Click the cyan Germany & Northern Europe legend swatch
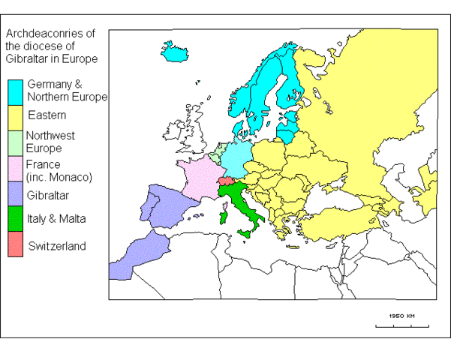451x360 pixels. pyautogui.click(x=15, y=91)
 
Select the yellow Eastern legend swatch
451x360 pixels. pyautogui.click(x=15, y=116)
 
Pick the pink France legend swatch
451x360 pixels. pyautogui.click(x=15, y=169)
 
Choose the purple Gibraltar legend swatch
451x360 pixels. pyautogui.click(x=15, y=195)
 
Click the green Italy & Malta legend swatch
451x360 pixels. pyautogui.click(x=15, y=220)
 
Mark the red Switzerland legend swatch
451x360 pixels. pyautogui.click(x=15, y=245)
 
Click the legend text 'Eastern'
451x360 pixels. pyautogui.click(x=47, y=115)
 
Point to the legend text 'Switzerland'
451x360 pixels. pyautogui.click(x=57, y=245)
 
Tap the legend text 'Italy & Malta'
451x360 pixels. pyautogui.click(x=56, y=219)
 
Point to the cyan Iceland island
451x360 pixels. pyautogui.click(x=175, y=52)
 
